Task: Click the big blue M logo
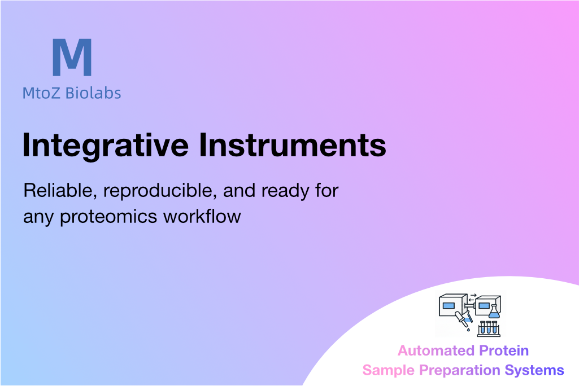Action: coord(72,57)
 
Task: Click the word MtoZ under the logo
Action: coord(41,93)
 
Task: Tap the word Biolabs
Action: coord(93,93)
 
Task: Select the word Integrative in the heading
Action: coord(106,146)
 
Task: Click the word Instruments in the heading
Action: coord(293,145)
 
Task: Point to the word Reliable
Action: coord(60,191)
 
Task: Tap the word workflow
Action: coord(202,216)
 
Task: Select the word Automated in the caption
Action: coord(436,350)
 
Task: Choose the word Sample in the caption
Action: coord(389,371)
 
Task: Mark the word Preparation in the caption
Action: coord(460,371)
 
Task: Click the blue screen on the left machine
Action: coord(449,306)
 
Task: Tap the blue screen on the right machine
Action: coord(484,306)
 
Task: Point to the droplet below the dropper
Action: coord(469,330)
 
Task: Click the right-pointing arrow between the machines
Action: coord(473,295)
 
